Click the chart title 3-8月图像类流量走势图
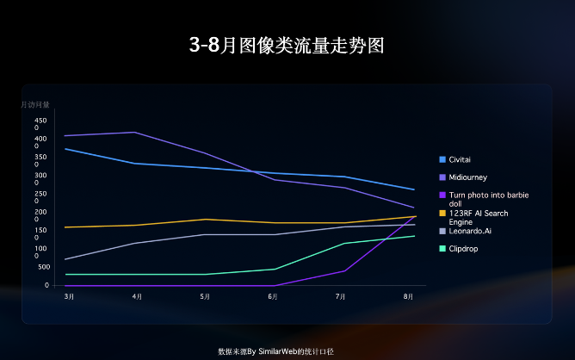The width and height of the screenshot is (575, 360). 287,46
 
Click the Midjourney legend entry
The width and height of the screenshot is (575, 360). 468,177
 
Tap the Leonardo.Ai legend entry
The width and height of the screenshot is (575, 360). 469,231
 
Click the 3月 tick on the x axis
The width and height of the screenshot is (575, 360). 69,296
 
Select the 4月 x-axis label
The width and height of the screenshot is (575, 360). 137,296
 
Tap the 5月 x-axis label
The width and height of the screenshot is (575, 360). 205,296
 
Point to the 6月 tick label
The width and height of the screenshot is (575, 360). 273,296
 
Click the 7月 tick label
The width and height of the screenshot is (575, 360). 341,296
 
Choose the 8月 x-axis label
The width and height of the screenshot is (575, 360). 409,296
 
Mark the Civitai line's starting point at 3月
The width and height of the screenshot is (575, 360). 65,149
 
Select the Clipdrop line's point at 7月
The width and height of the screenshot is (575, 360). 345,243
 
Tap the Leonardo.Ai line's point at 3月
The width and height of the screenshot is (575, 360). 65,259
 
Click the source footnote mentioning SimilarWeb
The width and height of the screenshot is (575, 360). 275,351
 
